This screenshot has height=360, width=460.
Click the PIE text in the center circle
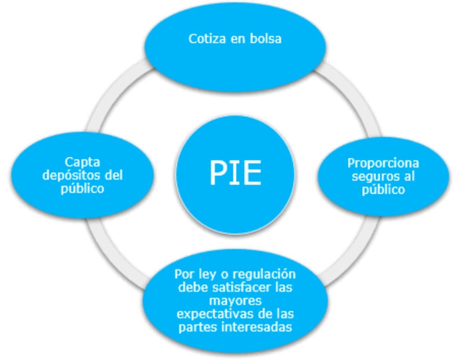click(235, 173)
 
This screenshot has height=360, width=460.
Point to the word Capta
click(82, 161)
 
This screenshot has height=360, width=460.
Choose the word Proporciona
click(383, 163)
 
